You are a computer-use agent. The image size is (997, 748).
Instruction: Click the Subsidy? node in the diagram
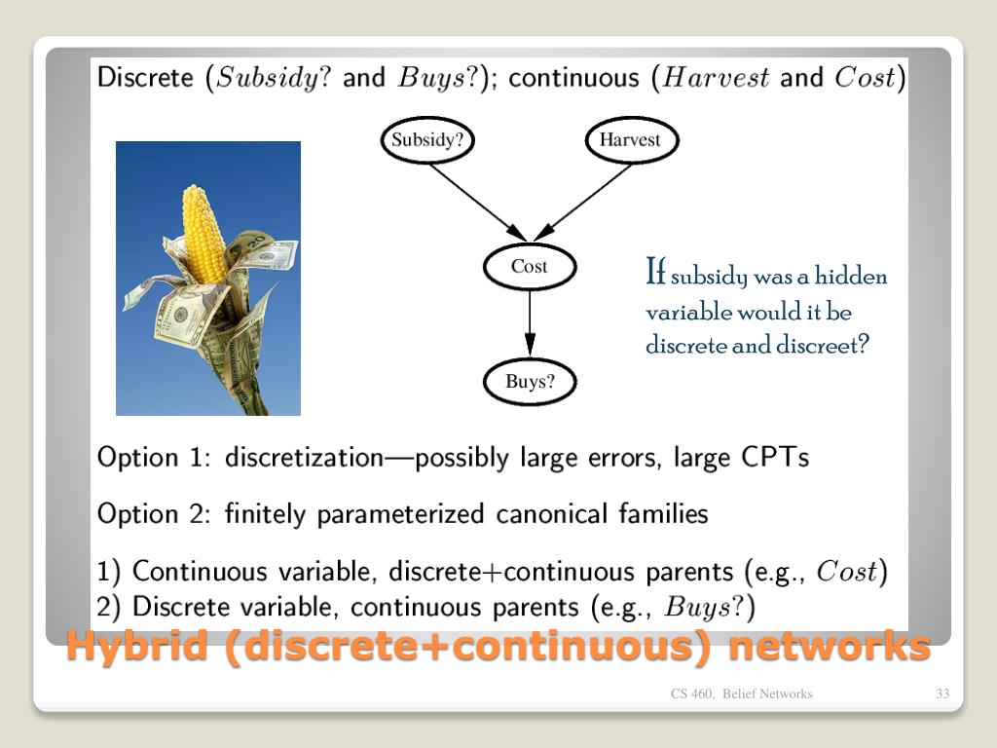[x=427, y=140]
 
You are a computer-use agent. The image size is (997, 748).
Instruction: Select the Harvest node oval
[x=630, y=140]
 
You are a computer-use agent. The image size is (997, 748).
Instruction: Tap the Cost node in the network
[x=530, y=267]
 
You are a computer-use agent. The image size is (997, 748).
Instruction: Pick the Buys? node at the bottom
[x=530, y=382]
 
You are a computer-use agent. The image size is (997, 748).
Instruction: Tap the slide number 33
[x=942, y=693]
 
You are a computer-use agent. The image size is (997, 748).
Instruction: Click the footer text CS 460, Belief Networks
[x=741, y=693]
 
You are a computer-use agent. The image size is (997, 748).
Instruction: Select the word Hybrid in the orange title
[x=137, y=646]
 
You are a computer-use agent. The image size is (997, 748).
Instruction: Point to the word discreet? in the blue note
[x=822, y=346]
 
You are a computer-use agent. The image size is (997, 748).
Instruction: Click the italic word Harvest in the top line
[x=716, y=78]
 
